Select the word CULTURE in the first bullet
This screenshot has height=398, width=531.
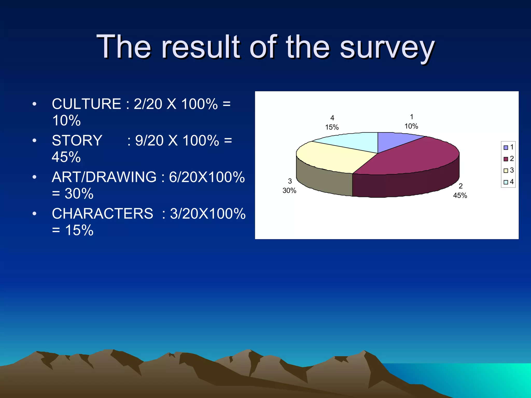pos(86,104)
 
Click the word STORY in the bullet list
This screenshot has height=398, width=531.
pos(77,141)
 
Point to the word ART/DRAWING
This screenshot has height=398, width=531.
pos(104,177)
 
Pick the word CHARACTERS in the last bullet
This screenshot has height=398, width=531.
pos(102,214)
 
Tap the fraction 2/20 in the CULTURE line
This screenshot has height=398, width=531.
pos(148,104)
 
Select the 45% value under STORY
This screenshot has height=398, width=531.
pos(66,157)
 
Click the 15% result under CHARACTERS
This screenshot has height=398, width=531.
pos(79,230)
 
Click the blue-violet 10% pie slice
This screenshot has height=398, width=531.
pos(394,141)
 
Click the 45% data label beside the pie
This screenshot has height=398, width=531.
pos(460,195)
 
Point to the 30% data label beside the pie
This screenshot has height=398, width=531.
pos(289,190)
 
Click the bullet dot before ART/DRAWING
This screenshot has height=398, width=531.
pos(34,177)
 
